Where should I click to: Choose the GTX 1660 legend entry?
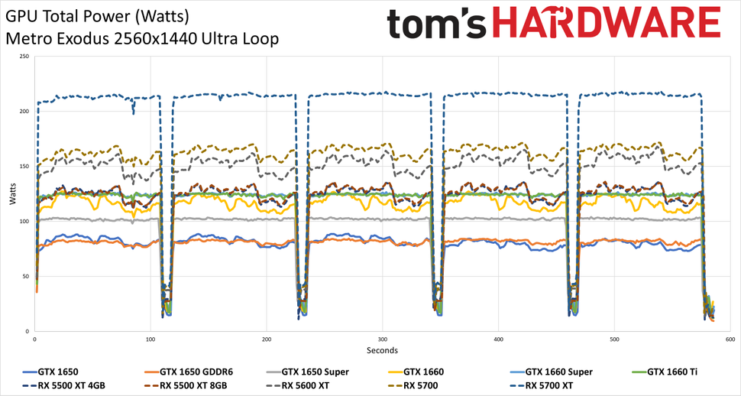pyautogui.click(x=427, y=372)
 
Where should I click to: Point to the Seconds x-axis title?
pyautogui.click(x=381, y=351)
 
